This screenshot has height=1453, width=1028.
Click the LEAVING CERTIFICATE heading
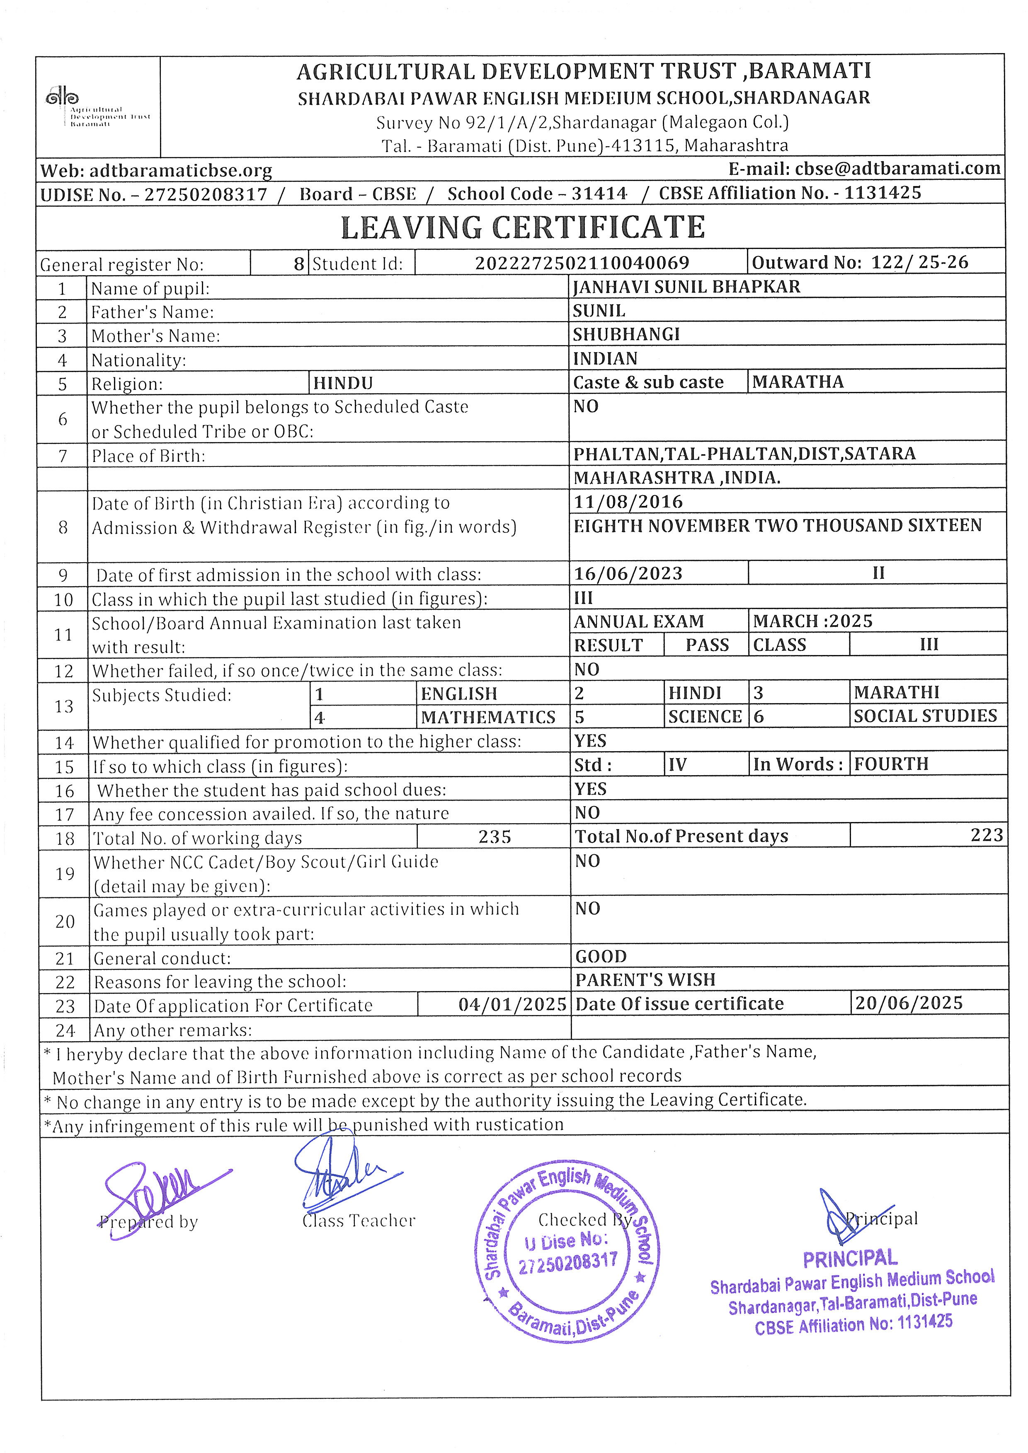click(523, 228)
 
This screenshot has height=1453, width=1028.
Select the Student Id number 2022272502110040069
click(582, 263)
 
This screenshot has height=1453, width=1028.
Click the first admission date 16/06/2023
click(628, 573)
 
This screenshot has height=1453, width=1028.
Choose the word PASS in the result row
click(707, 645)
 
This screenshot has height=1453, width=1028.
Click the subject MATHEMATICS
click(488, 717)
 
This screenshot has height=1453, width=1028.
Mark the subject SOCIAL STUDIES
click(925, 716)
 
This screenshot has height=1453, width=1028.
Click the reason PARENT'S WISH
click(645, 979)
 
